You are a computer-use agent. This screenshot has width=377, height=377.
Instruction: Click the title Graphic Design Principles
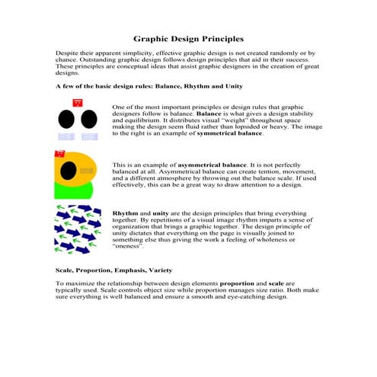(x=188, y=37)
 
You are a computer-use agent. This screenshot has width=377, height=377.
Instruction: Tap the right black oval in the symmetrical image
(x=89, y=120)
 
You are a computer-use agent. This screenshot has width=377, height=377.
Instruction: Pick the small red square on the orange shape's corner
(x=59, y=154)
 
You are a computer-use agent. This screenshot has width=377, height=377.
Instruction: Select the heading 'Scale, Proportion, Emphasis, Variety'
(x=103, y=270)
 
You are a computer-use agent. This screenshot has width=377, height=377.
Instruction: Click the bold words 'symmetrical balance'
(x=229, y=133)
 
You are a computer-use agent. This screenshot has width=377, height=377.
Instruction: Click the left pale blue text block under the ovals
(x=67, y=136)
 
